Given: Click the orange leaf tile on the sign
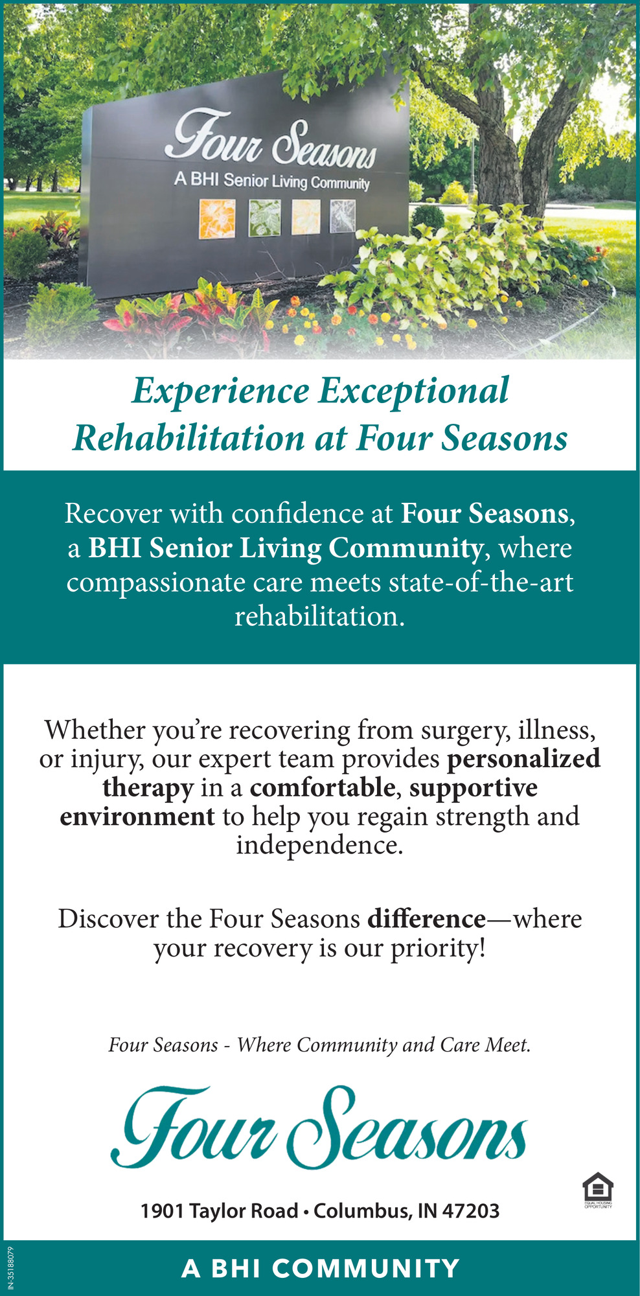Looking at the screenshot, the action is click(212, 216).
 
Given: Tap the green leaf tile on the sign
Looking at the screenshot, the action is click(265, 216).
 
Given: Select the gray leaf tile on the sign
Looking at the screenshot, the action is click(343, 216).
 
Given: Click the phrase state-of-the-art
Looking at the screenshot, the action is click(481, 582).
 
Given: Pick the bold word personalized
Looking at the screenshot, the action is click(523, 759).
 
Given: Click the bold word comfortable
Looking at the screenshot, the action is click(323, 787).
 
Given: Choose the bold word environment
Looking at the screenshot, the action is click(137, 816).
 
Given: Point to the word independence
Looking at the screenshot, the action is click(319, 846).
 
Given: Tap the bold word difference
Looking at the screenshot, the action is click(426, 919).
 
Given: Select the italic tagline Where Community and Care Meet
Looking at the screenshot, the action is click(383, 1045).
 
